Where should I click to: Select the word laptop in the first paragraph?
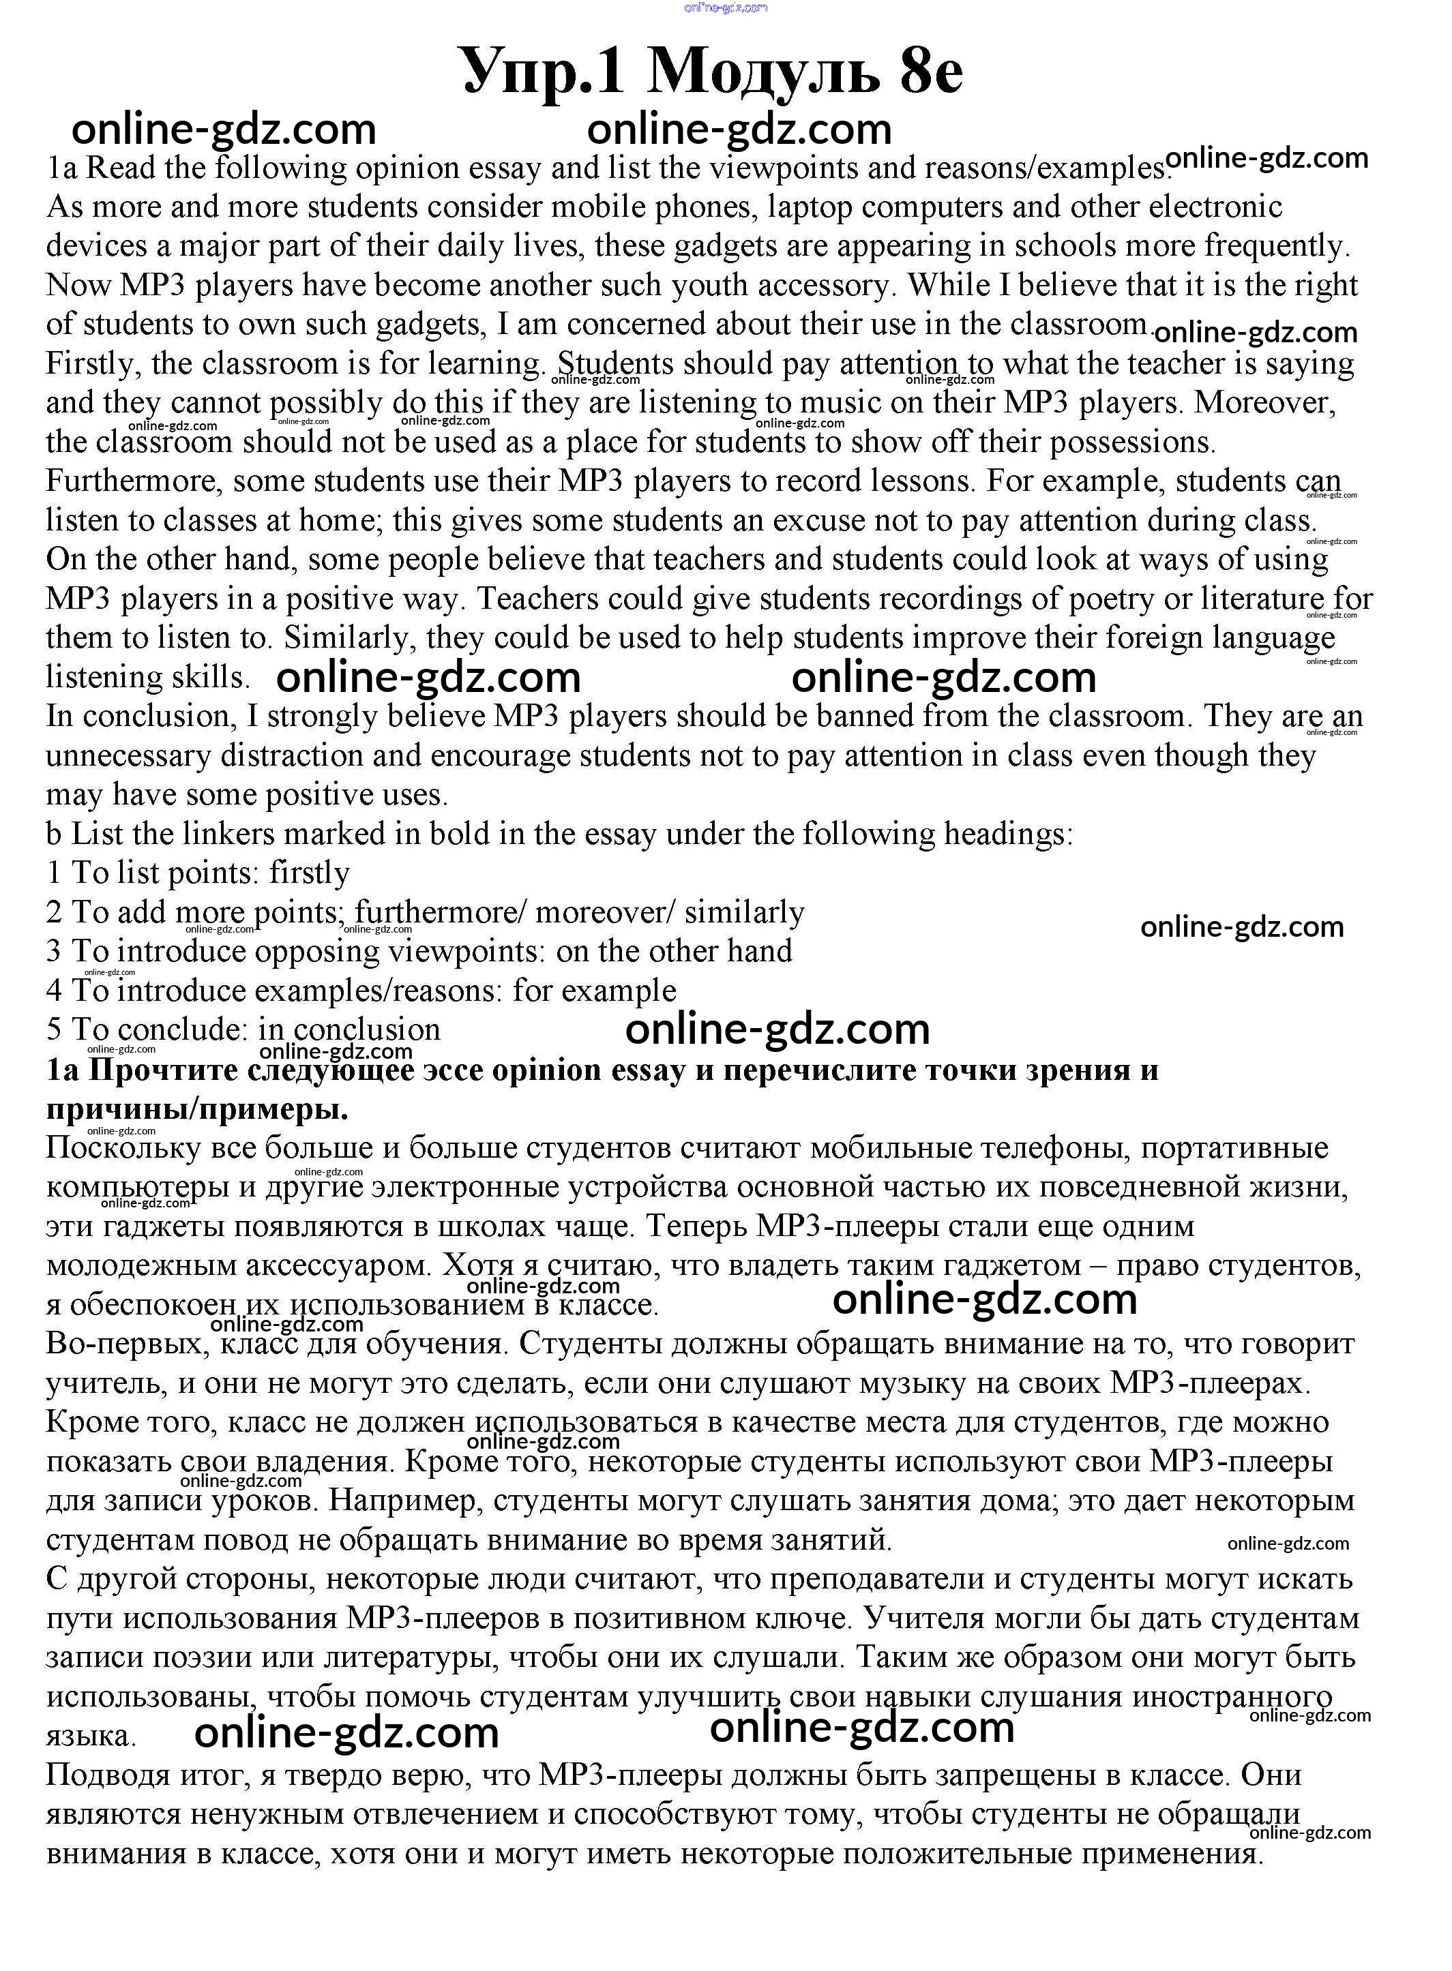[x=809, y=207]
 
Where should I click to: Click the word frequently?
[x=1276, y=246]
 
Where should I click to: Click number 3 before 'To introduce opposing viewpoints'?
[x=55, y=952]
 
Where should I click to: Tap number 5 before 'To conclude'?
[x=55, y=1030]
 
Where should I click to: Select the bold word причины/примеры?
[x=197, y=1109]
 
